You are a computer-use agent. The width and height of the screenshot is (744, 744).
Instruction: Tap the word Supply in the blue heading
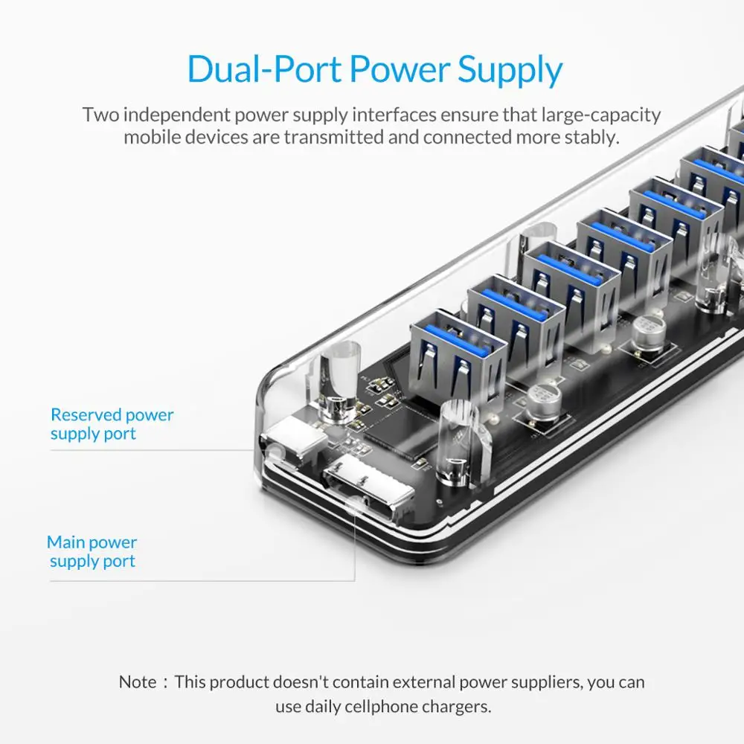click(x=510, y=71)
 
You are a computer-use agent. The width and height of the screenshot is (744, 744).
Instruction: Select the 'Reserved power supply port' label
click(x=112, y=424)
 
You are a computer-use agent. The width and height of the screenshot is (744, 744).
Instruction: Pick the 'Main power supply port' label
click(x=92, y=551)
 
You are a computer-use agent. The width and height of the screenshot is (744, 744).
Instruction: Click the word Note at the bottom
click(x=138, y=682)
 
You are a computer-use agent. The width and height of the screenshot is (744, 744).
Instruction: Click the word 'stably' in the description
click(x=593, y=138)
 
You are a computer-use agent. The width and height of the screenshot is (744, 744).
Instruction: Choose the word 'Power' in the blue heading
click(x=399, y=70)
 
